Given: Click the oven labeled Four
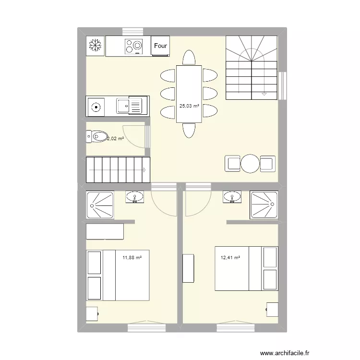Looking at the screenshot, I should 161,46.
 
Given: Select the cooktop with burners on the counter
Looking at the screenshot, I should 134,46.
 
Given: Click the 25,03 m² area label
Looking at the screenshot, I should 189,107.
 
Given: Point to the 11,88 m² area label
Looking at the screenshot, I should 132,258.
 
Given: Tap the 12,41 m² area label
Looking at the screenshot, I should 230,258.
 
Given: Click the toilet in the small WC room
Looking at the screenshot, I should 97,137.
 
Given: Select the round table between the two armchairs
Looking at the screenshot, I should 251,163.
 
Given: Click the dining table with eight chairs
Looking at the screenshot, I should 189,94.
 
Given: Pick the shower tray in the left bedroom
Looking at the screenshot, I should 100,205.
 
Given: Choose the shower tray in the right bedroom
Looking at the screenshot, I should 264,205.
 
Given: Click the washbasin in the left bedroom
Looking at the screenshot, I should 135,197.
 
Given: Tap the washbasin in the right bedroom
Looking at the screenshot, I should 233,197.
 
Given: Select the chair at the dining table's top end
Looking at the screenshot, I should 189,59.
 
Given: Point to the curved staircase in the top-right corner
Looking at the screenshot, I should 252,67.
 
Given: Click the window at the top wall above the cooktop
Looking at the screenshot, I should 136,32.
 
